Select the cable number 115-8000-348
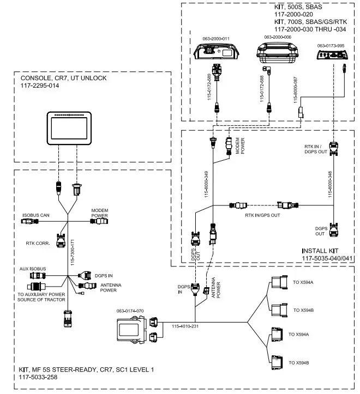click(x=329, y=184)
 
